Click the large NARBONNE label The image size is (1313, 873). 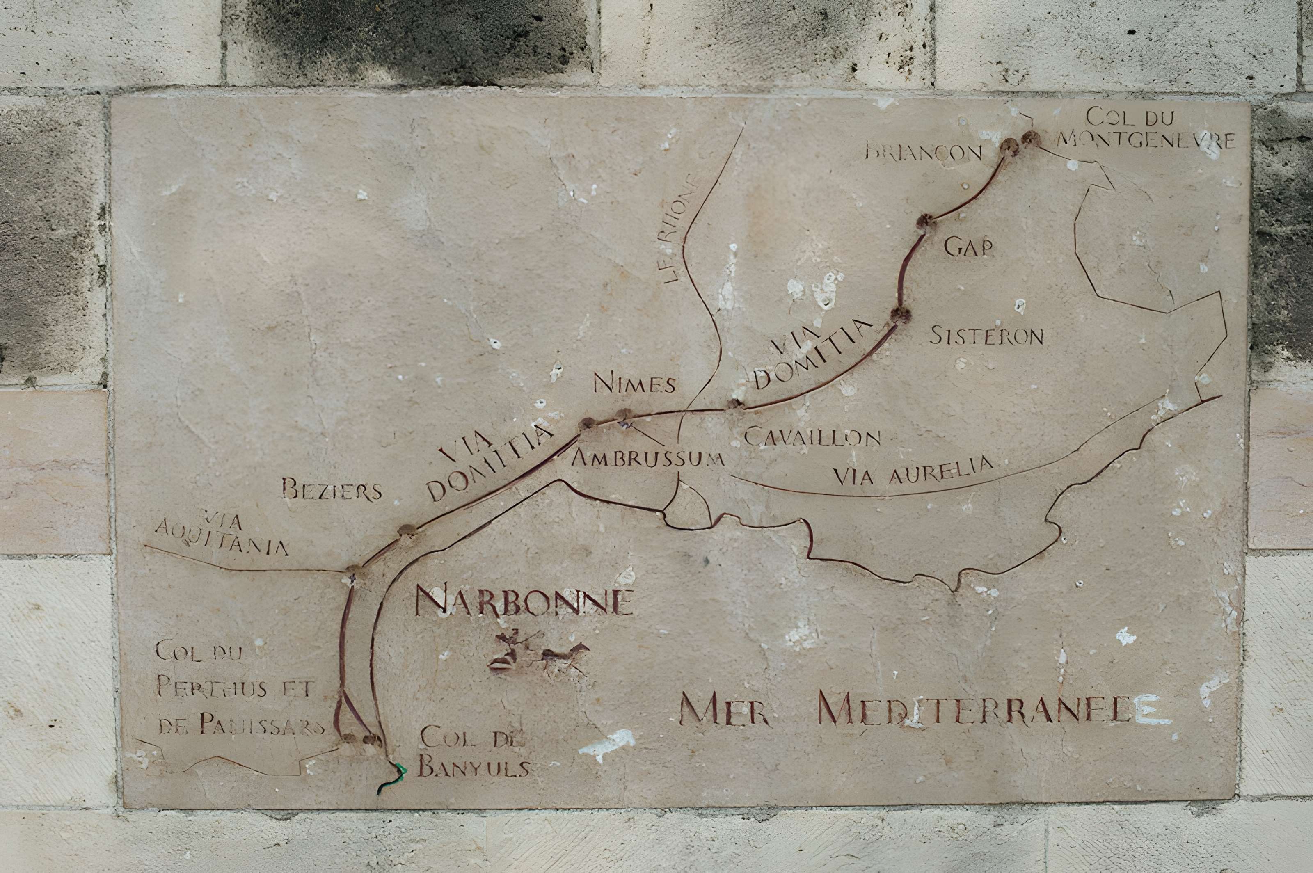click(x=524, y=602)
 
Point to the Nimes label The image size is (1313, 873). click(x=634, y=384)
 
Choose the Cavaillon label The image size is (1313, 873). click(x=812, y=438)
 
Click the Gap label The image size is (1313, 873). click(x=968, y=248)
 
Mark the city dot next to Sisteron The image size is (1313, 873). click(x=899, y=315)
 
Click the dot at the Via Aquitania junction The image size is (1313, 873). click(x=354, y=572)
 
